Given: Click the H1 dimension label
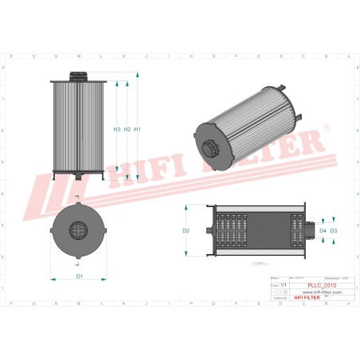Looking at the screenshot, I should point(138,129).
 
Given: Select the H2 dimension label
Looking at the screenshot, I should point(127,129).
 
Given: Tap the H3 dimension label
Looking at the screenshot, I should point(117,129).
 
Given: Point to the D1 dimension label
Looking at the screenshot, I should point(79,276).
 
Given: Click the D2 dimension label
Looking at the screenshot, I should point(186,230).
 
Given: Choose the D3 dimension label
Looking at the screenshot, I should point(334,230).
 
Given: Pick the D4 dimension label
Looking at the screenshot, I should point(323,230).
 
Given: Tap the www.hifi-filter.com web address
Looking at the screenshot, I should point(322,292).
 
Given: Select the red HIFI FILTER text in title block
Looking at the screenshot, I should point(322,299).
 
